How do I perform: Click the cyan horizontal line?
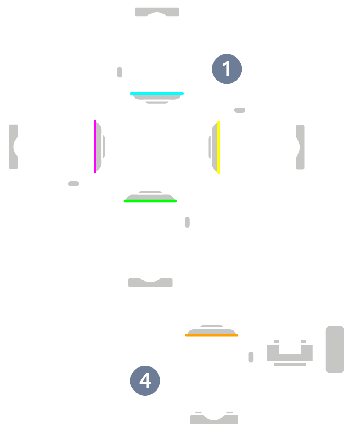(157, 94)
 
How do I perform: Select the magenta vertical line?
(94, 147)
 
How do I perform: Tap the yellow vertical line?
(219, 147)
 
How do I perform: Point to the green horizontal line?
(150, 201)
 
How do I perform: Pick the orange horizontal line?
(211, 335)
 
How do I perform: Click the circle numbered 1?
(227, 69)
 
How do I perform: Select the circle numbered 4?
(145, 381)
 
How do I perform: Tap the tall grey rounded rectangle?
(335, 349)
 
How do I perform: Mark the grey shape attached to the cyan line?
(157, 97)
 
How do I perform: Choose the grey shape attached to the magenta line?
(99, 147)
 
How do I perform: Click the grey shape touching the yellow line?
(215, 147)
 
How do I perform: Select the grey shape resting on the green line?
(150, 197)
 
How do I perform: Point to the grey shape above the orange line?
(211, 331)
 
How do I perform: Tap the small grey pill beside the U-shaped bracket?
(251, 357)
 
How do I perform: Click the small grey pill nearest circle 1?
(240, 110)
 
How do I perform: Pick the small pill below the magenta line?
(74, 184)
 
